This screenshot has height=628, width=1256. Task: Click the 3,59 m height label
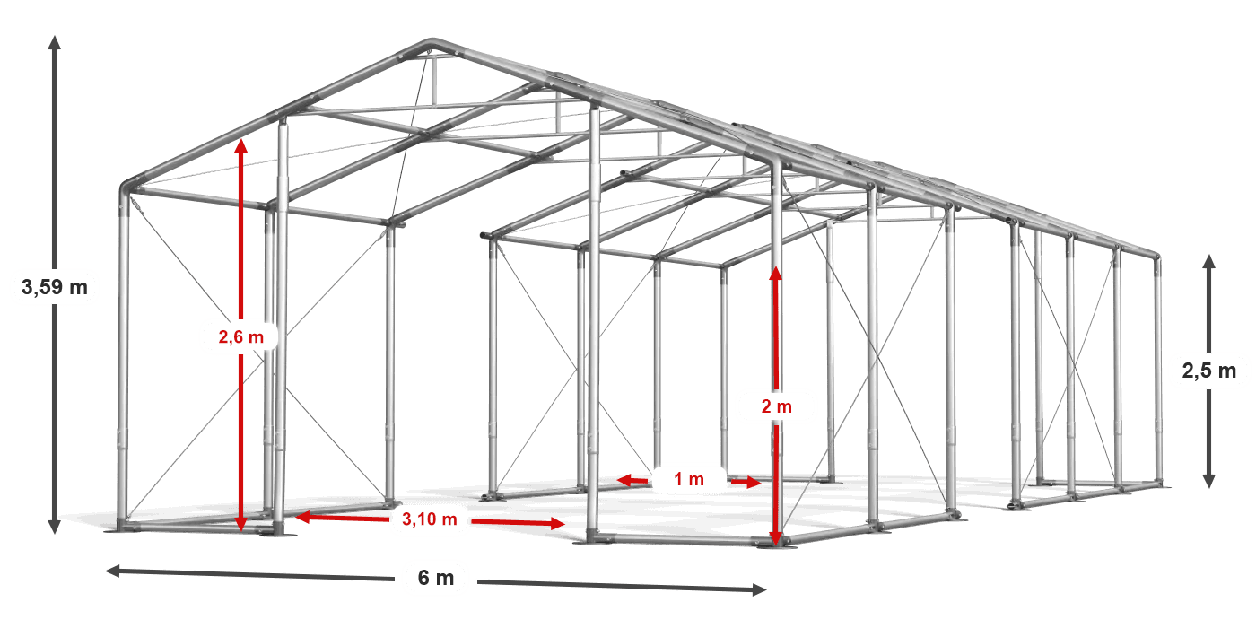click(x=55, y=287)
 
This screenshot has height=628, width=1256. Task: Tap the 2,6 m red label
click(x=241, y=337)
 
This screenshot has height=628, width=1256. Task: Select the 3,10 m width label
click(x=430, y=519)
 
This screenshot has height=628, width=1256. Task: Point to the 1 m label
click(x=689, y=480)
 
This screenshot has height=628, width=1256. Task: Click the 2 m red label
click(x=776, y=406)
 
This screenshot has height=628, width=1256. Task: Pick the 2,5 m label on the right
click(x=1209, y=370)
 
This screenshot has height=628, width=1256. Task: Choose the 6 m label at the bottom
click(x=436, y=578)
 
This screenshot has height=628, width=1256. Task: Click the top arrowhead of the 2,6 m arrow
click(x=240, y=144)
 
